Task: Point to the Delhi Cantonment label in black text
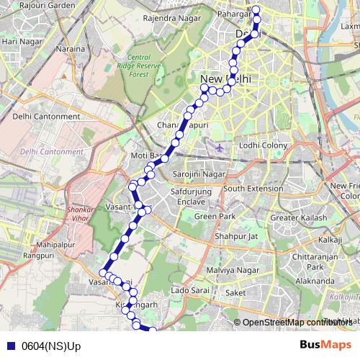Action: [x=46, y=116]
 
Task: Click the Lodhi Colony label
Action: [x=264, y=146]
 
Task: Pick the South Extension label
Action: [x=253, y=188]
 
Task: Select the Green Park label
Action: [x=215, y=216]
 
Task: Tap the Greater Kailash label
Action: [x=298, y=218]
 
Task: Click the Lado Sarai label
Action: [x=190, y=291]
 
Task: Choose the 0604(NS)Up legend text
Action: [x=52, y=346]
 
